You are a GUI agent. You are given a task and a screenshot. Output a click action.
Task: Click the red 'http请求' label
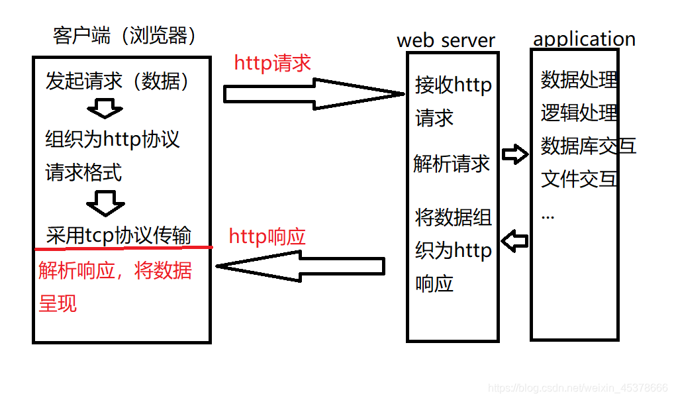point(272,64)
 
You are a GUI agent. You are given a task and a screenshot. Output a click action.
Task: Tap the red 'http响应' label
point(267,236)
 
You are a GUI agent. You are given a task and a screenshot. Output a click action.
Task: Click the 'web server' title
point(446,40)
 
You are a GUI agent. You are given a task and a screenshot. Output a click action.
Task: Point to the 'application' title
point(584,38)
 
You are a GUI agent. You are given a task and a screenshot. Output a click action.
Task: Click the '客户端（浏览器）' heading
point(124,36)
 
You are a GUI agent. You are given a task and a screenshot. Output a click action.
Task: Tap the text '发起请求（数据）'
point(117,81)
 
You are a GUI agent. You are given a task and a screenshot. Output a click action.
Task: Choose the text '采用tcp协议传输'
point(119,236)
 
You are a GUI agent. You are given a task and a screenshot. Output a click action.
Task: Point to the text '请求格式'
point(83,173)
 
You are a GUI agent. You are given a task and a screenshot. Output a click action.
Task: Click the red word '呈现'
point(58,303)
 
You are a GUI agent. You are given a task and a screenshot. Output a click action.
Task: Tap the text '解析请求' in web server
point(452,164)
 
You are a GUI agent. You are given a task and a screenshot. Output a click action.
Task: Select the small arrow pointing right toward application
point(515,155)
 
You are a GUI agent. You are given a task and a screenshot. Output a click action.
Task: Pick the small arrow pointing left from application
point(515,240)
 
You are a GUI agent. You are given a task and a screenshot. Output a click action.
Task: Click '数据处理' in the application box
point(579,79)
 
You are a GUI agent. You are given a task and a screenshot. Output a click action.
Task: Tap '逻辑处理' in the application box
point(579,113)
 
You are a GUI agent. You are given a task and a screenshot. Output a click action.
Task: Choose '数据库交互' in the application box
point(589,146)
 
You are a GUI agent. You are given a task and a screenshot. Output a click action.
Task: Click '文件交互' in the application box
point(579,179)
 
